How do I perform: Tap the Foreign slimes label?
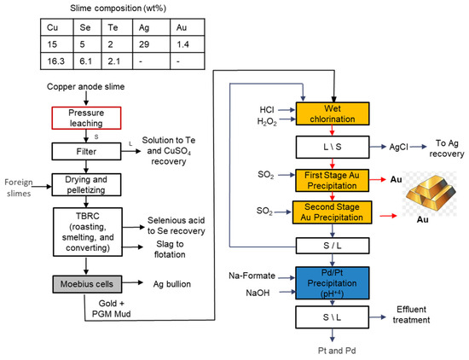coord(18,187)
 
